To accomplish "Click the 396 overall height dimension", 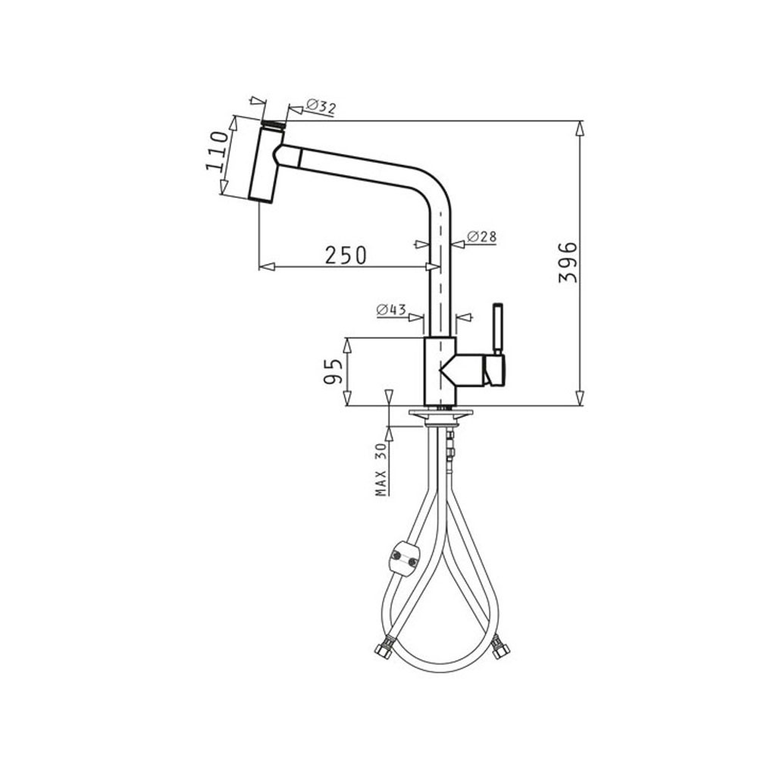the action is click(x=568, y=262).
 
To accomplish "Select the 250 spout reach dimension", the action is click(x=346, y=255).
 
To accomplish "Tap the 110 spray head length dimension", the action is click(x=217, y=150).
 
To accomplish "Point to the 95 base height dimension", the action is click(x=333, y=371).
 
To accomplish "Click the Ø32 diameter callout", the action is click(x=321, y=107).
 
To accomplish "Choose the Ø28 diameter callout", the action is click(x=481, y=236).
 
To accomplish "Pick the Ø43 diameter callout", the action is click(x=391, y=309).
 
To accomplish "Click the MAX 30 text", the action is click(x=382, y=469).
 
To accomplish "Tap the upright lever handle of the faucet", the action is click(x=497, y=329).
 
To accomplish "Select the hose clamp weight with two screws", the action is click(x=403, y=559).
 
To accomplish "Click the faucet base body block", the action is click(x=440, y=371).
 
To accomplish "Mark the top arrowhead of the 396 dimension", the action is click(x=580, y=130).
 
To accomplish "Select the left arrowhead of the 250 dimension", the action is click(x=268, y=266).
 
